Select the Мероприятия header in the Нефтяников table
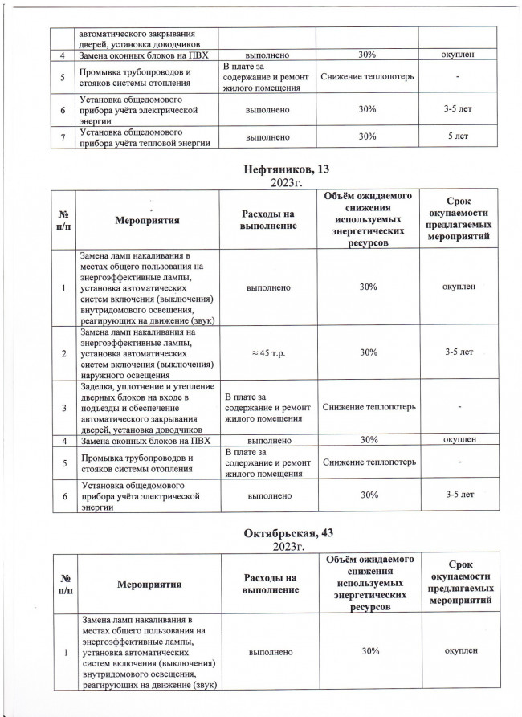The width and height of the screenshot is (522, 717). [x=147, y=218]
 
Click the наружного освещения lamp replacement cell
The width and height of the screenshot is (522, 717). [x=147, y=352]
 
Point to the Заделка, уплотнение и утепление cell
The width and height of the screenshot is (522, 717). [x=147, y=407]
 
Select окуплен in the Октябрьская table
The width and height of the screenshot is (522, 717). [x=459, y=650]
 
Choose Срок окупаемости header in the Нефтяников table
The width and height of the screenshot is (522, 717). [x=459, y=218]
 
